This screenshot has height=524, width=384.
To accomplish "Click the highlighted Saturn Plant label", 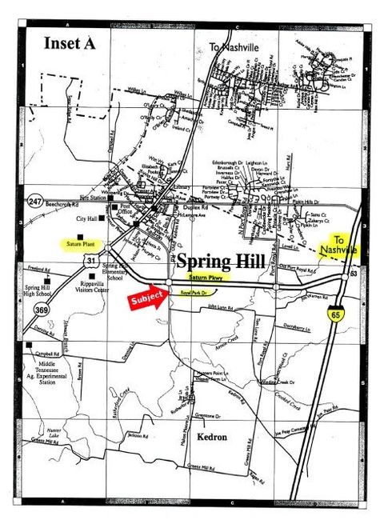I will click(x=81, y=242).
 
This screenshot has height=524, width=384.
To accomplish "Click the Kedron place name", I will click(x=192, y=437).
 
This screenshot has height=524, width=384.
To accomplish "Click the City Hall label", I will click(x=87, y=218).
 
